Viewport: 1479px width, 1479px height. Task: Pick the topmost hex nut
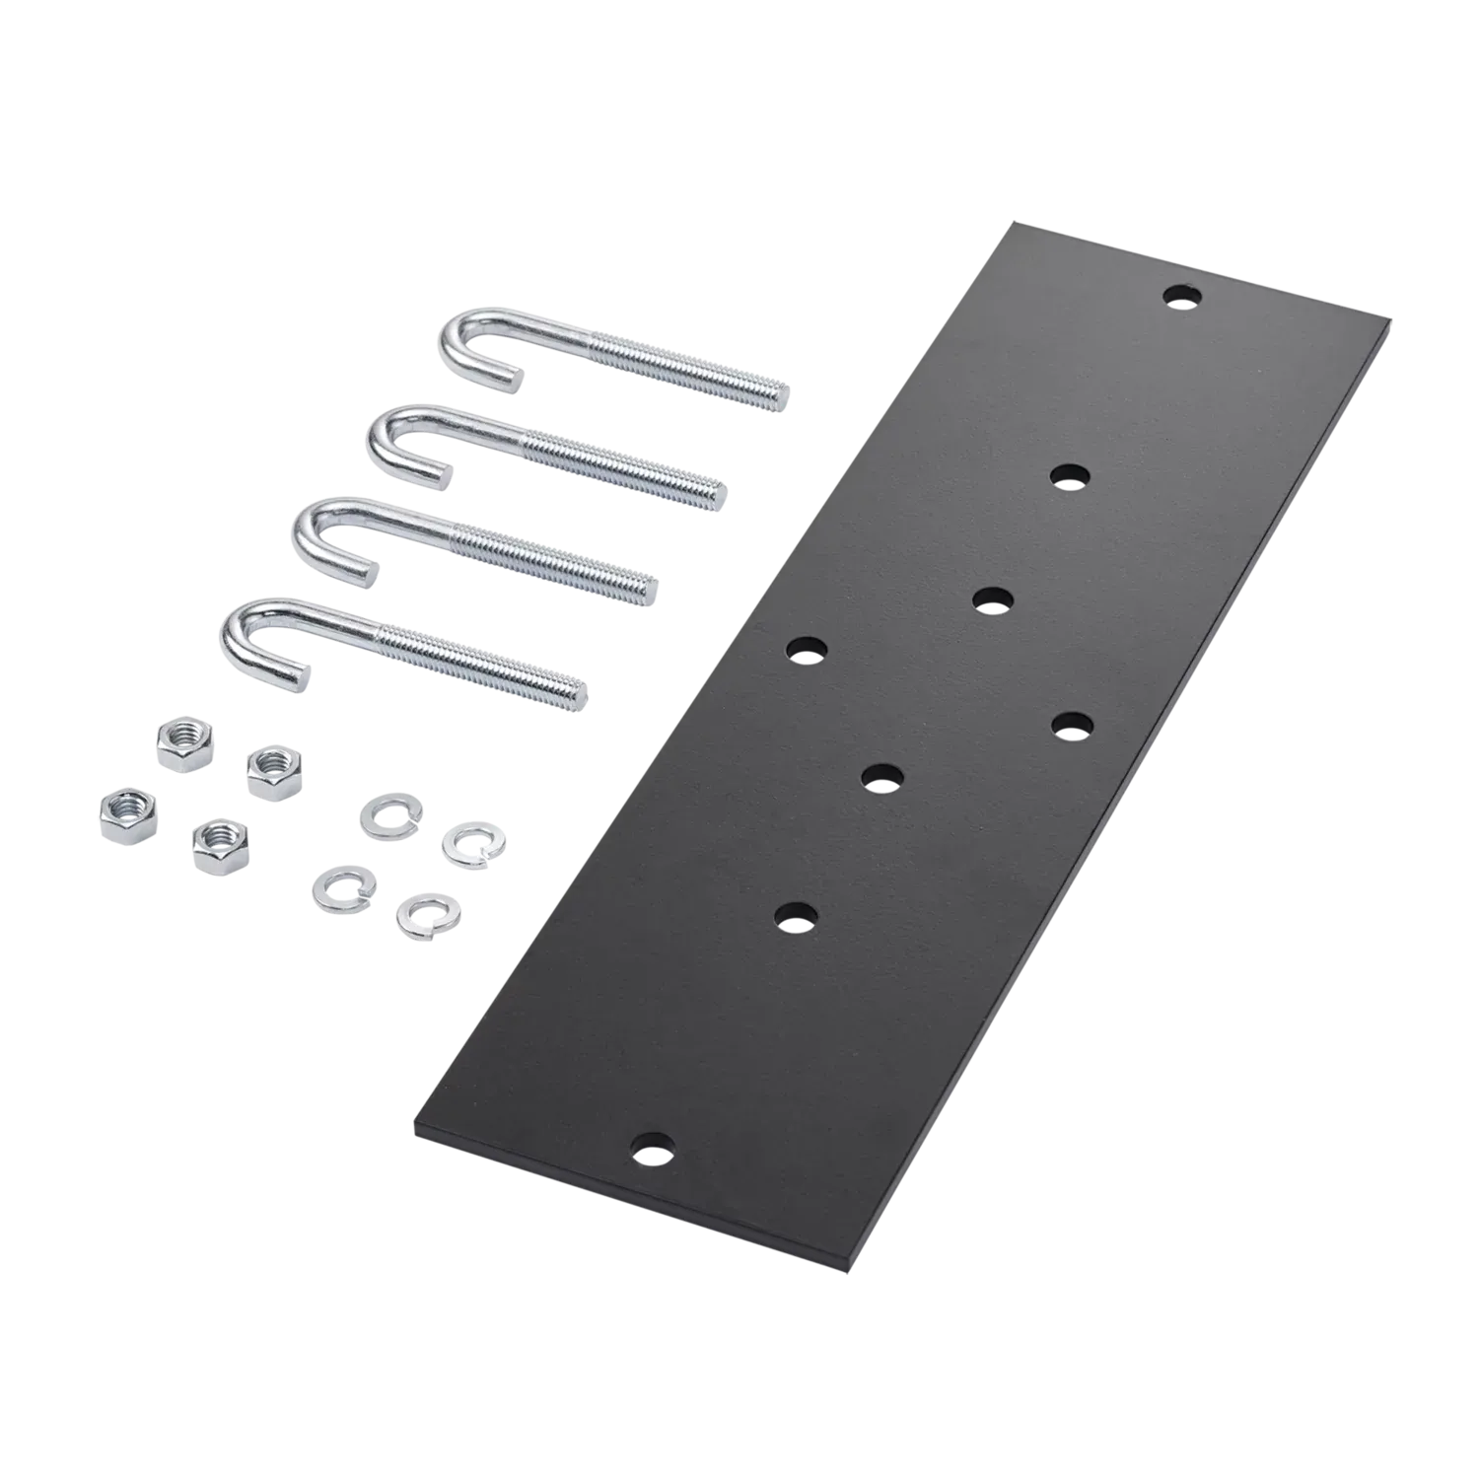[183, 740]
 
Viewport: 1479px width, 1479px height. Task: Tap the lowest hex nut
[220, 844]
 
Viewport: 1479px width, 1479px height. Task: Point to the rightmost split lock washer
[465, 846]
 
